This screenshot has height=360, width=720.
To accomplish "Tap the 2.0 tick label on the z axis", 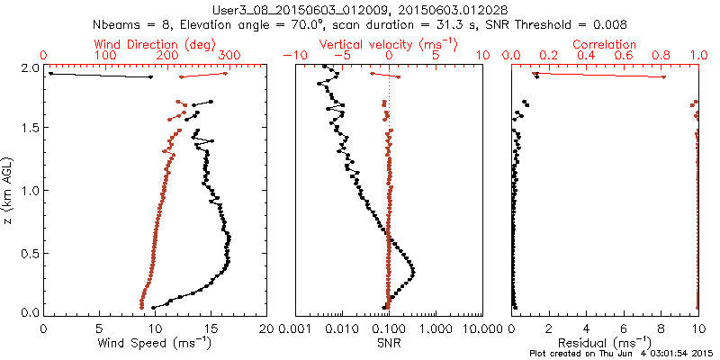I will click(30, 68).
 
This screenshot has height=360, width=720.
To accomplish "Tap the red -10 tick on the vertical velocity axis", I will click(293, 56).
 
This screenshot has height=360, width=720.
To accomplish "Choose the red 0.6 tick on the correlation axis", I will click(625, 56).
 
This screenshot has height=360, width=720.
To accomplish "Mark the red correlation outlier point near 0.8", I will click(663, 77).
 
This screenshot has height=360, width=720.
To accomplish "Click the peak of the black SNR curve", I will click(413, 270).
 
